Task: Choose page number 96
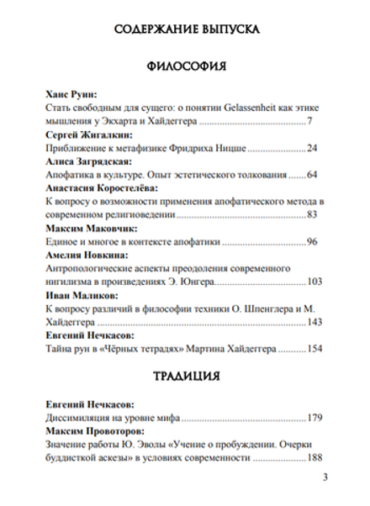pos(313,242)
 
